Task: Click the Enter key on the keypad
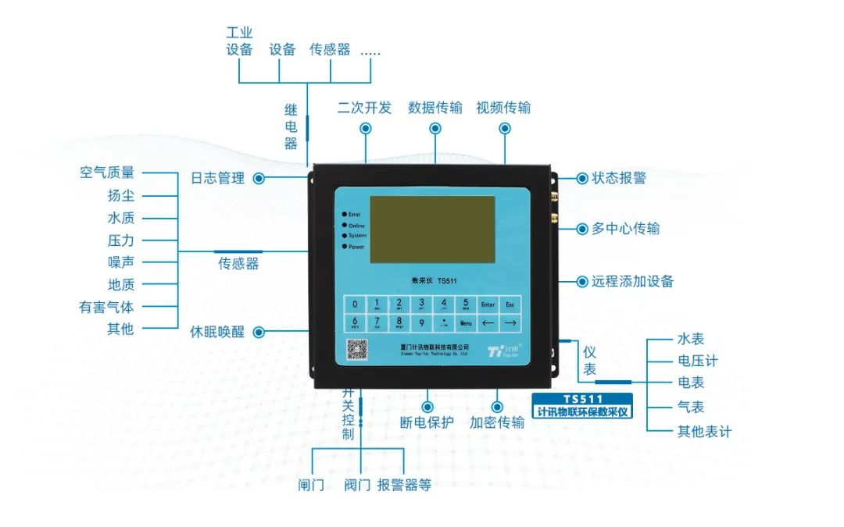pyautogui.click(x=488, y=304)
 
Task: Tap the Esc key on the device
pyautogui.click(x=510, y=304)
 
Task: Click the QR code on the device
pyautogui.click(x=357, y=349)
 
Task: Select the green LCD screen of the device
pyautogui.click(x=432, y=229)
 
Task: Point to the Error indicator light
pyautogui.click(x=345, y=214)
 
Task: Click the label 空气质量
pyautogui.click(x=107, y=173)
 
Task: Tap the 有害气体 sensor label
pyautogui.click(x=106, y=307)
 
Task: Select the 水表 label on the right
pyautogui.click(x=691, y=339)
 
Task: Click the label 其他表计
pyautogui.click(x=704, y=431)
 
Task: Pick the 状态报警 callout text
pyautogui.click(x=619, y=178)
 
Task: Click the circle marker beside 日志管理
pyautogui.click(x=259, y=178)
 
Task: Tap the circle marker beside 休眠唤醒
pyautogui.click(x=259, y=332)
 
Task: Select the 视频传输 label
pyautogui.click(x=503, y=108)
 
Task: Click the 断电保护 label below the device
pyautogui.click(x=427, y=422)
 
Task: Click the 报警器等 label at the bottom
pyautogui.click(x=404, y=485)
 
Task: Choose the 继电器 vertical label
pyautogui.click(x=291, y=126)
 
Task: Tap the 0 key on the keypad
pyautogui.click(x=356, y=304)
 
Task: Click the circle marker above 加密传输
pyautogui.click(x=497, y=407)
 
